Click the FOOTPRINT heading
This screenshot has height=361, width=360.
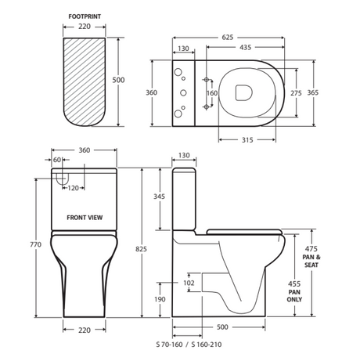(85, 16)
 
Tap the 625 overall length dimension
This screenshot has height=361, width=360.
(228, 38)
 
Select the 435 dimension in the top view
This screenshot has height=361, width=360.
(246, 47)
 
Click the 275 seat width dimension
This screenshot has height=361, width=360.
(296, 93)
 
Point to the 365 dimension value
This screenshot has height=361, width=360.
(313, 92)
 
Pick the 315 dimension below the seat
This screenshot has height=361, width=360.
(247, 140)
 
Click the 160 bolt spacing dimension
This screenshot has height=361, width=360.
(212, 93)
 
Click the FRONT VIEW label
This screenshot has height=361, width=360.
(85, 218)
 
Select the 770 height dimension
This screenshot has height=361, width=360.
(36, 244)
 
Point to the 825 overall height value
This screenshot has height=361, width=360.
(141, 249)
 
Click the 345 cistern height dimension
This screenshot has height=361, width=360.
(159, 197)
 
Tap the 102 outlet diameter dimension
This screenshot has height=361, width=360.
(189, 283)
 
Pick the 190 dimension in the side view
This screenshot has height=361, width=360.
(160, 299)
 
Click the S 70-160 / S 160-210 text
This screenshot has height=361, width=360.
(189, 345)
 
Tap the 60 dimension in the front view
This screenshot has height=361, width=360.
(57, 160)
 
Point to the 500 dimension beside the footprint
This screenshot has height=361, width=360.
(118, 80)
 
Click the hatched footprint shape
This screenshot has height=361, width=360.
(85, 82)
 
